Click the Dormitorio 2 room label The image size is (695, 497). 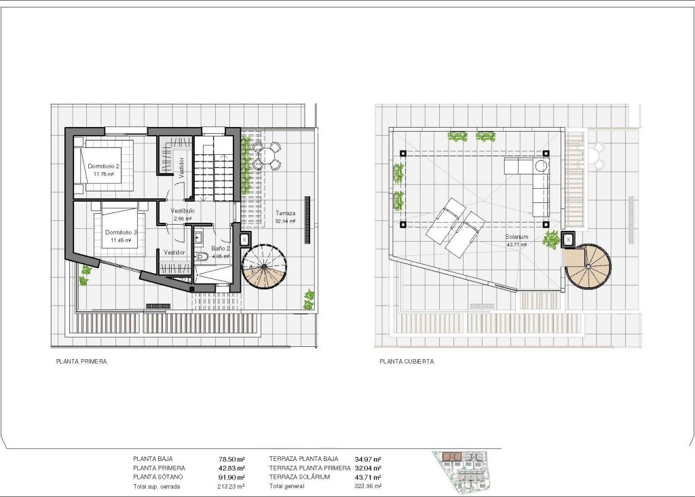pyautogui.click(x=103, y=166)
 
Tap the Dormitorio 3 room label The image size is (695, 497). pyautogui.click(x=121, y=232)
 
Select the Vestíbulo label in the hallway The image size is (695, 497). pyautogui.click(x=183, y=210)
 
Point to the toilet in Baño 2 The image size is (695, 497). pyautogui.click(x=204, y=257)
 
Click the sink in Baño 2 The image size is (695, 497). pyautogui.click(x=198, y=238)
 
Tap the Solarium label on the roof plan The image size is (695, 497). pyautogui.click(x=516, y=237)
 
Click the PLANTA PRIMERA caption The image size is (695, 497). pyautogui.click(x=81, y=362)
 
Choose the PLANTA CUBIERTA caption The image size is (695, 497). pyautogui.click(x=407, y=362)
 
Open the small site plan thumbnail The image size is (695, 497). pyautogui.click(x=461, y=471)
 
